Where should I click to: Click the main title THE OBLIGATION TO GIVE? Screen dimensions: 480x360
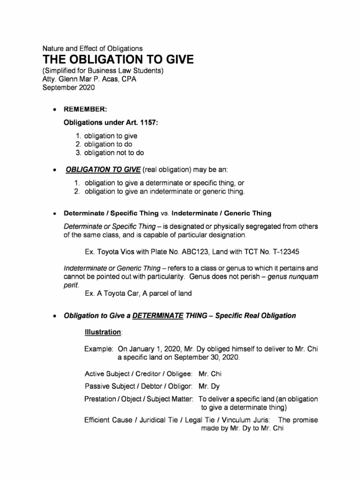pyautogui.click(x=118, y=60)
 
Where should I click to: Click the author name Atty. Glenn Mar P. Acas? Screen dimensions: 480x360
pyautogui.click(x=78, y=79)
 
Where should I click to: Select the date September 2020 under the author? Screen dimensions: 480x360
pyautogui.click(x=68, y=87)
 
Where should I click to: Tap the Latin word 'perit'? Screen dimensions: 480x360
pyautogui.click(x=71, y=285)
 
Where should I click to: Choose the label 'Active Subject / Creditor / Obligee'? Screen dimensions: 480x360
pyautogui.click(x=138, y=374)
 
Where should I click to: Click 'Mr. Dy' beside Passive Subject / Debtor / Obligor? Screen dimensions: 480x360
pyautogui.click(x=209, y=387)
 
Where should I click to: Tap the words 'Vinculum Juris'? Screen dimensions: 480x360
pyautogui.click(x=244, y=420)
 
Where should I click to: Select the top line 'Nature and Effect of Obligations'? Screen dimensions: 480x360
pyautogui.click(x=92, y=48)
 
